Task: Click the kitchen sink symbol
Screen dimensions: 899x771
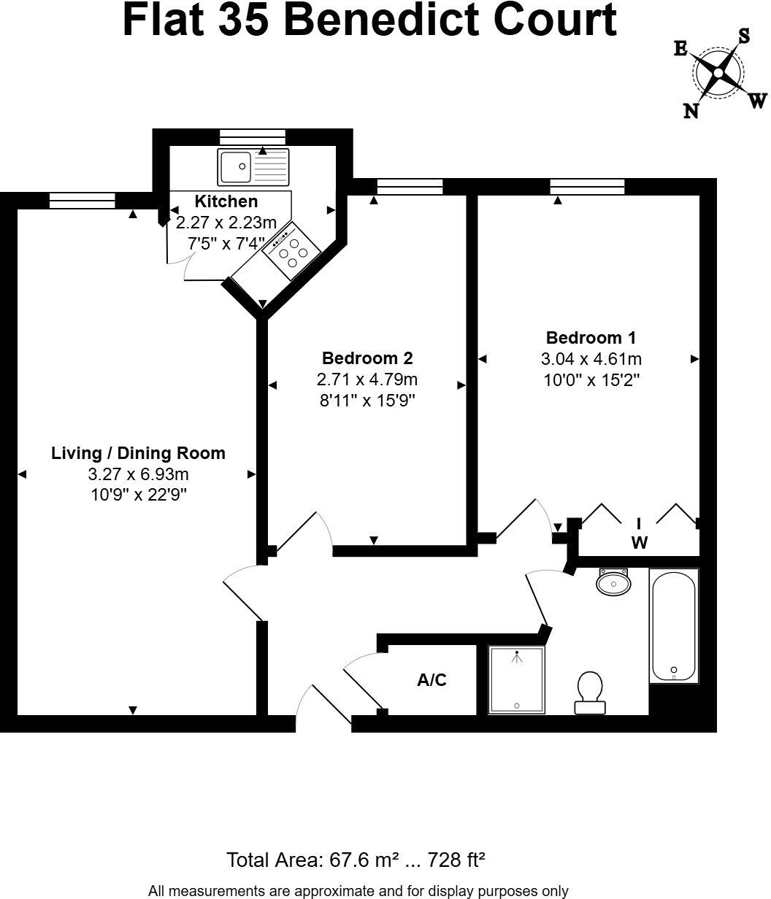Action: click(253, 167)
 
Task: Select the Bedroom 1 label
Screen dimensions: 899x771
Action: click(591, 338)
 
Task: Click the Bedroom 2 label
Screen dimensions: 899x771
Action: click(367, 358)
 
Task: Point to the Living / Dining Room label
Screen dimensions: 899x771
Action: click(138, 453)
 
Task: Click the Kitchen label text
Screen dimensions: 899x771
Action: click(226, 201)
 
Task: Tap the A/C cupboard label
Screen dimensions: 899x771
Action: click(431, 680)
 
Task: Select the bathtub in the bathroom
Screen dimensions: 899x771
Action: click(674, 626)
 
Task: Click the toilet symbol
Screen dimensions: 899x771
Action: click(589, 692)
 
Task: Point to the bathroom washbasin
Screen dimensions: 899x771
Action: click(613, 583)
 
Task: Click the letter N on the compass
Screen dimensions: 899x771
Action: click(690, 110)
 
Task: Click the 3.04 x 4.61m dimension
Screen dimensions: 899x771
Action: click(591, 359)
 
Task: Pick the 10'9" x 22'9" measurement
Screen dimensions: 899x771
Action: click(138, 494)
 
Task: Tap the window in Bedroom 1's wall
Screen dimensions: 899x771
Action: click(587, 186)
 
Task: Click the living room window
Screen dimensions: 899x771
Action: click(83, 201)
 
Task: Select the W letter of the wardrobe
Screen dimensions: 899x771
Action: click(640, 543)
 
